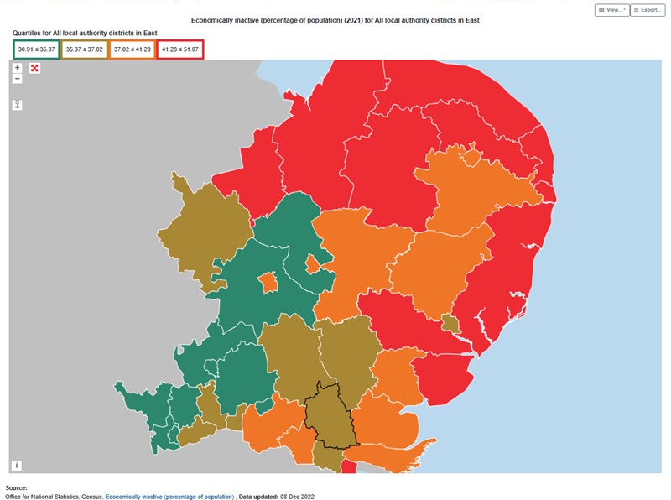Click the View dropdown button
click(x=612, y=10)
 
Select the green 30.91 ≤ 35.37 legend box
click(x=36, y=49)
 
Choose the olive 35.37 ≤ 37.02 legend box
click(x=84, y=49)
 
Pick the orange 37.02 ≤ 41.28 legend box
click(x=132, y=49)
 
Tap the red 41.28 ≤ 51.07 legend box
click(x=179, y=49)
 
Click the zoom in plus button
click(x=18, y=67)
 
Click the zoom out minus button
click(x=18, y=78)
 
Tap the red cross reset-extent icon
click(x=34, y=68)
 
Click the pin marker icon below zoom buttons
click(x=18, y=105)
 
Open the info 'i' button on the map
click(x=18, y=465)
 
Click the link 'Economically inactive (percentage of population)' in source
click(x=169, y=497)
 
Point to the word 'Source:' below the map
click(x=16, y=487)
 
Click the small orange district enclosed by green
click(x=268, y=283)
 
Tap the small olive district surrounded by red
click(x=450, y=325)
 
